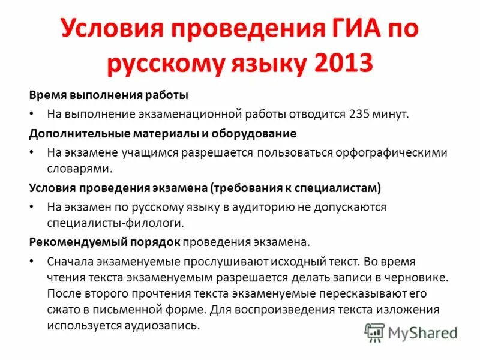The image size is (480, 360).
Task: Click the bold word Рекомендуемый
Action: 66,242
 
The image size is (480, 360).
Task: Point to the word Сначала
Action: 70,262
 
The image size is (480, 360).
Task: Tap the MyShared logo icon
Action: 376,332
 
